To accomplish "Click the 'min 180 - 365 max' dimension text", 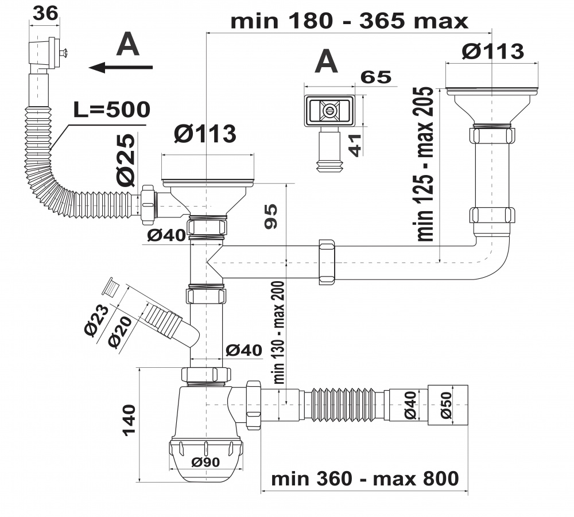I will [x=350, y=21].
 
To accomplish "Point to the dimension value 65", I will [x=376, y=77].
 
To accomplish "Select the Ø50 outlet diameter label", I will [x=448, y=405].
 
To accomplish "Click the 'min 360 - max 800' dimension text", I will [x=365, y=478].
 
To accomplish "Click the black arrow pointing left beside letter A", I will [x=121, y=68].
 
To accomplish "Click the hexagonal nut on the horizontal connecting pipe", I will [x=326, y=262].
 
